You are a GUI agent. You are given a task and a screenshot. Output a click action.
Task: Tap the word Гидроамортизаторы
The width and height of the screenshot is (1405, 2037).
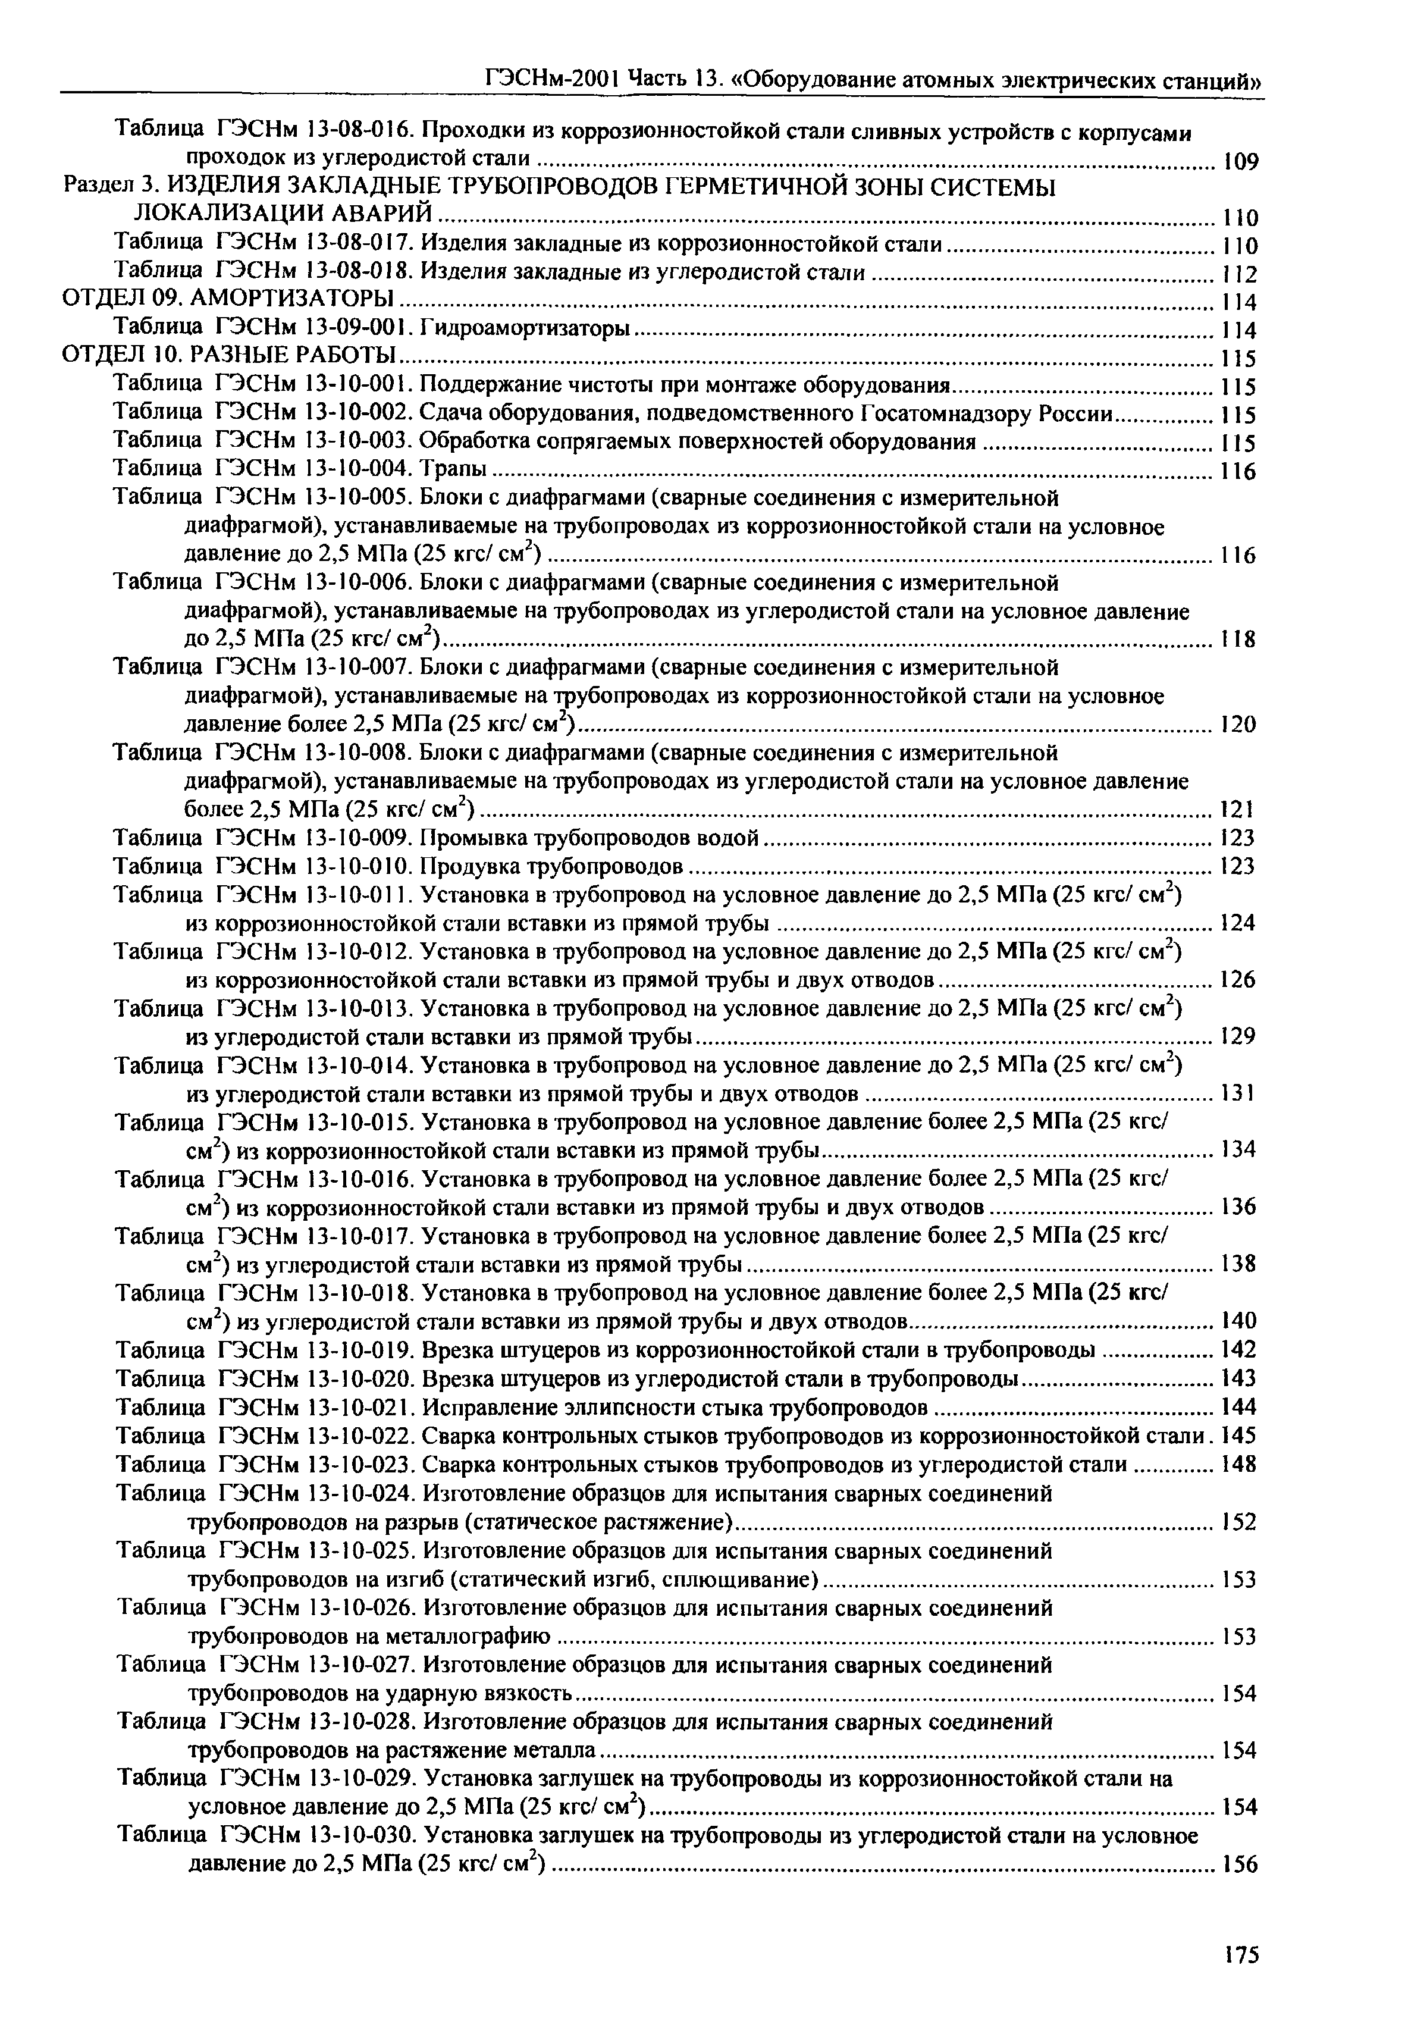(526, 328)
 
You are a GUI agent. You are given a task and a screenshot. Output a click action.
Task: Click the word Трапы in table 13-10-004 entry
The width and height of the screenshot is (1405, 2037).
(453, 469)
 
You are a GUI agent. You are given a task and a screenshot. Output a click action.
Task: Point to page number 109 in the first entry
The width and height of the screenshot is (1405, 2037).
(1240, 162)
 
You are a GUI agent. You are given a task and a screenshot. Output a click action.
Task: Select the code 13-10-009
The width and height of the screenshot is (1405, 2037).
(357, 837)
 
